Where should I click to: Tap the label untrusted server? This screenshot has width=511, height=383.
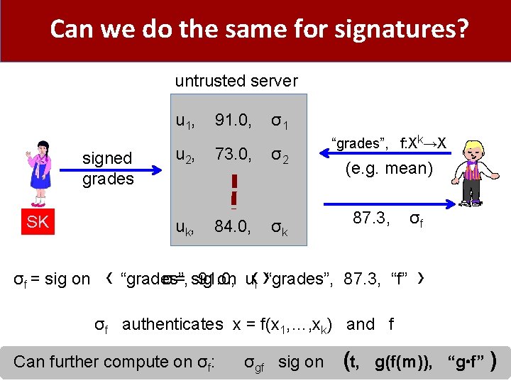236,81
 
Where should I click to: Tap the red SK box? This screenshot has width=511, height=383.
38,222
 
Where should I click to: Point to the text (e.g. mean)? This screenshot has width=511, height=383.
388,169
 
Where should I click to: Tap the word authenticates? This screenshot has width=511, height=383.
172,324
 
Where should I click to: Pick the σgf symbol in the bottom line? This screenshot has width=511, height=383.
254,362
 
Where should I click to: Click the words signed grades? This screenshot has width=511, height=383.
107,168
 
